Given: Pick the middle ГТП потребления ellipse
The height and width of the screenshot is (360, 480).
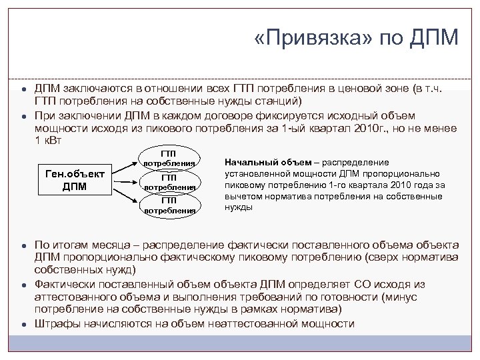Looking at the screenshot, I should click(x=169, y=182).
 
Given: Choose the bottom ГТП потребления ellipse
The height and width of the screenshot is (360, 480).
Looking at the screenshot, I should click(x=169, y=205).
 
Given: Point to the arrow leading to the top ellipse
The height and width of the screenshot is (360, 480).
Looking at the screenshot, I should click(x=127, y=168).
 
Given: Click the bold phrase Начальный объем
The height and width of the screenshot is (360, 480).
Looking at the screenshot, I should click(x=259, y=162).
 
